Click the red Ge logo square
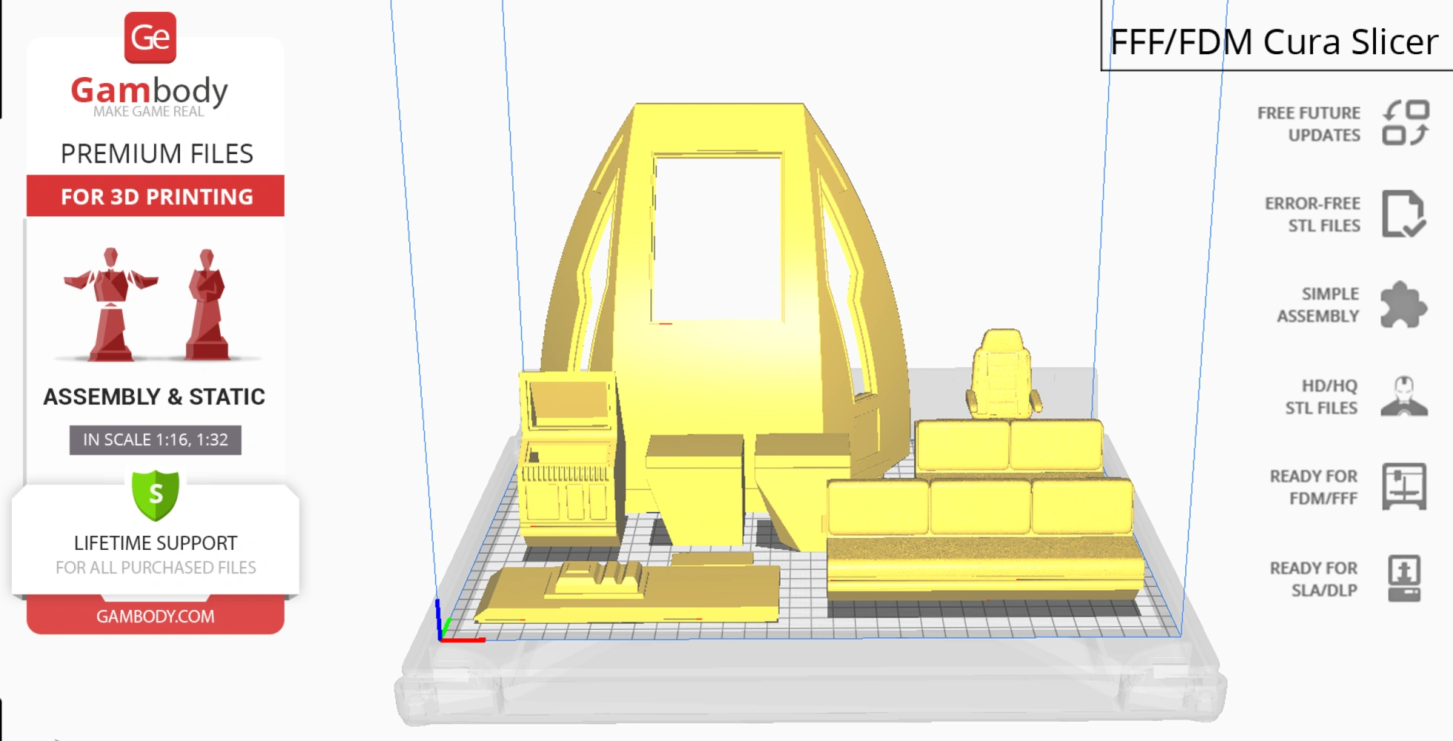(x=150, y=38)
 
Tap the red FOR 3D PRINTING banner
(x=156, y=196)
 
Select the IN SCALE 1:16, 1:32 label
(x=156, y=439)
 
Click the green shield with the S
(x=156, y=494)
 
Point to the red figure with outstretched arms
(x=111, y=304)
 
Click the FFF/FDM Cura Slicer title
(x=1274, y=41)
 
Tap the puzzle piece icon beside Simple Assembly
(x=1403, y=305)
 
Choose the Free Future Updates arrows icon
(x=1406, y=123)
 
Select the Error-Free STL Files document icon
(x=1403, y=214)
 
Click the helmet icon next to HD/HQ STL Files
(x=1403, y=396)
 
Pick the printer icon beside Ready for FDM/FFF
(x=1403, y=486)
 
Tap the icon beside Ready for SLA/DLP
(x=1403, y=578)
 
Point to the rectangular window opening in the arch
(x=717, y=238)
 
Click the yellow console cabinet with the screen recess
(x=569, y=459)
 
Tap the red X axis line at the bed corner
(x=464, y=639)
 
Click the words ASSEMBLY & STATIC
(x=154, y=397)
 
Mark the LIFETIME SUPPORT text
(x=156, y=543)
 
